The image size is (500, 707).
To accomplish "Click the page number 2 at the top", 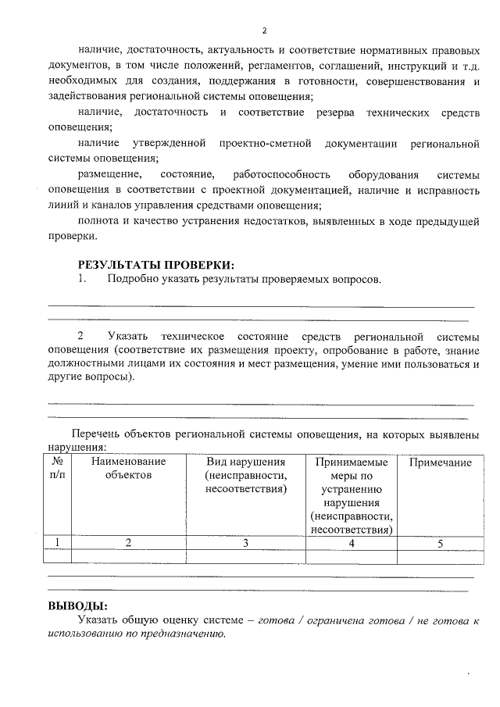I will [x=264, y=30].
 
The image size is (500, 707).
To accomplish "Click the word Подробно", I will [x=134, y=279].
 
